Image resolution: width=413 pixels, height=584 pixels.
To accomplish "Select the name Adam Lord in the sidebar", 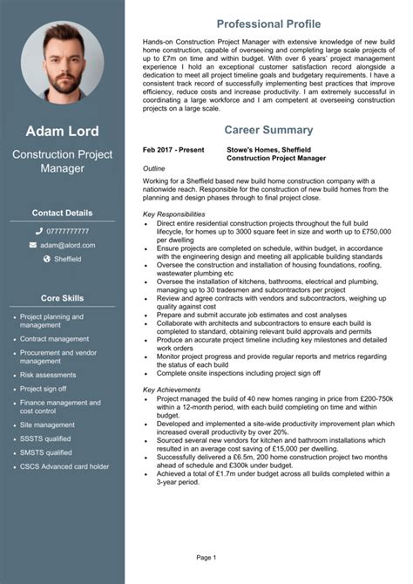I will coord(62,132).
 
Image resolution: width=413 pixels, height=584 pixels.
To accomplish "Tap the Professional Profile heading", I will coord(268,23).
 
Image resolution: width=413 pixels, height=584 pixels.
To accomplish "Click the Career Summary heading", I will coord(268,130).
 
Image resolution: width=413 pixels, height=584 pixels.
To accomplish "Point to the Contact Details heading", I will coord(62,212).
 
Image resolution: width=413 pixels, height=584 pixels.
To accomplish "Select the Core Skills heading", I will coord(62,298).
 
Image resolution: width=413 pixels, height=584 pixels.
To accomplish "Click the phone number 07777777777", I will coord(68,231).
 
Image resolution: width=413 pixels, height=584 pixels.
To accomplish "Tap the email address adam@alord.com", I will coord(68,245).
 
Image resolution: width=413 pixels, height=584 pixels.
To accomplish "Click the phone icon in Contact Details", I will coord(38,231).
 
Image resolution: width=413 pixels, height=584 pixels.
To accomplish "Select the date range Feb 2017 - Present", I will coord(173,150).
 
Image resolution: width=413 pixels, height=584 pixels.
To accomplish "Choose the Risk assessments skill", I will coord(48,375).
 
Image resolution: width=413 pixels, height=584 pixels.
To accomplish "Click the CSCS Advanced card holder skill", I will coord(64,466).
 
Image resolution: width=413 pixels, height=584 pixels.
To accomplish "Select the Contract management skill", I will coord(54,338).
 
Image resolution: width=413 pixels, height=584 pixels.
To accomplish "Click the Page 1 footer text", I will coord(206,556).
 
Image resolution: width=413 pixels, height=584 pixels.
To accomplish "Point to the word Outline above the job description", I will coord(154,167).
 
